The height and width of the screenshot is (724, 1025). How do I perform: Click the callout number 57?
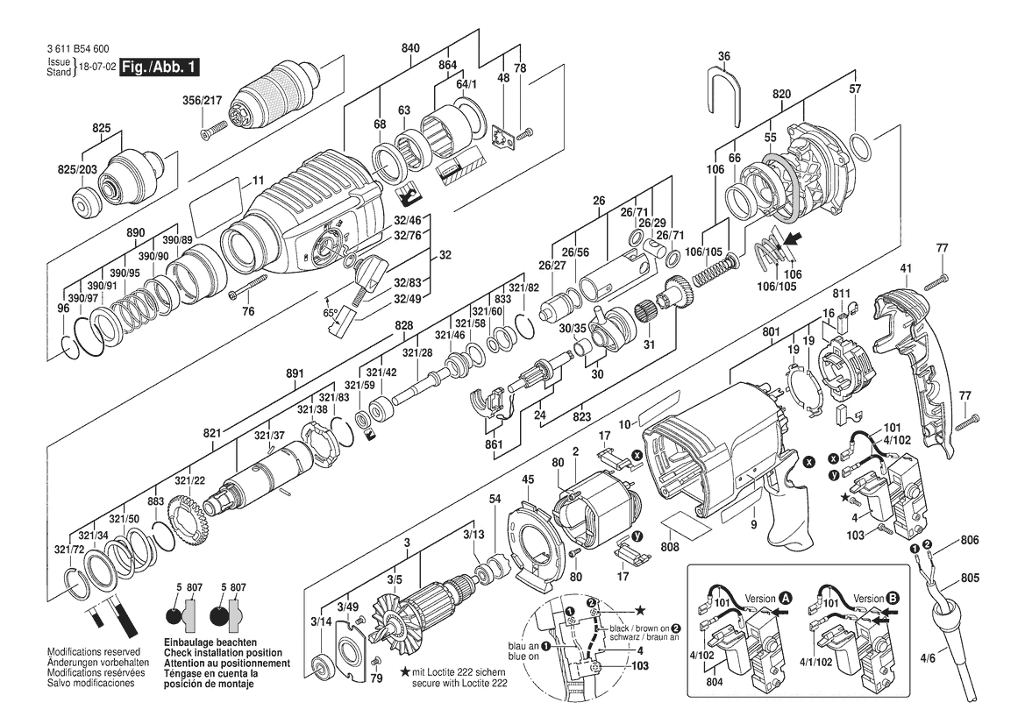(856, 89)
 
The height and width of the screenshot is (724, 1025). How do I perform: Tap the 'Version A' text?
(760, 597)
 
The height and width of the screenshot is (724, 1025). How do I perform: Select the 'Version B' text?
(869, 597)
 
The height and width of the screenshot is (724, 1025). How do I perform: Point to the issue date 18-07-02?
(96, 67)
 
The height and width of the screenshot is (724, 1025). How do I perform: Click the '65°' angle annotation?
(330, 312)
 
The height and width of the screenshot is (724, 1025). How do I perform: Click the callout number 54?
(495, 499)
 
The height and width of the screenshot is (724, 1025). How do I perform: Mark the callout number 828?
(403, 325)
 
